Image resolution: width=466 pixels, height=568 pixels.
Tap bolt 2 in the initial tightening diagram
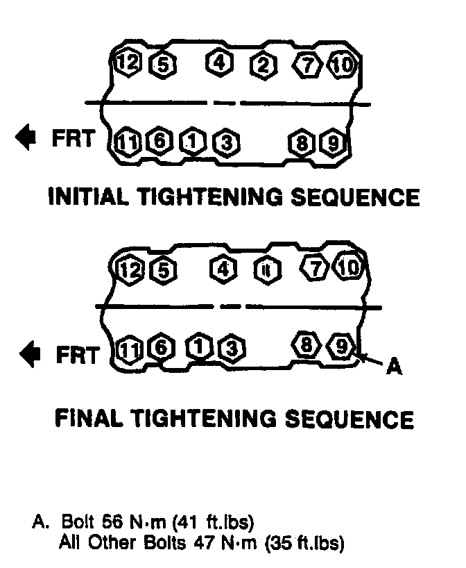click(x=263, y=66)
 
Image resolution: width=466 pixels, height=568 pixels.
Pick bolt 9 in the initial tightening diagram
click(x=332, y=144)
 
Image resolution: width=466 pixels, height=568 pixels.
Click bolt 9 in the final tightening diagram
click(x=342, y=345)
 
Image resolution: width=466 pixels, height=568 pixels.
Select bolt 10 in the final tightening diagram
click(x=349, y=267)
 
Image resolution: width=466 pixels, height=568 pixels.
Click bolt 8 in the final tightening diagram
click(x=306, y=344)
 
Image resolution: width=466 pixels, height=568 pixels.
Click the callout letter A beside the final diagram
click(x=393, y=365)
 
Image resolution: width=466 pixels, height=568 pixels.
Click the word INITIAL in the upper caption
click(x=91, y=197)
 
